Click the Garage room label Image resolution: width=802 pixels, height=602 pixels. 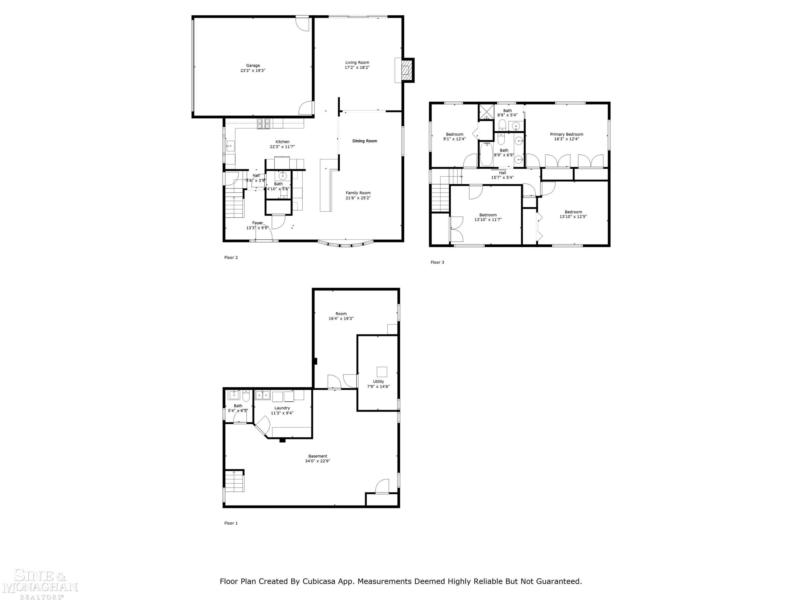253,66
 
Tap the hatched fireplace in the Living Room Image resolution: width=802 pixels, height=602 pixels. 407,70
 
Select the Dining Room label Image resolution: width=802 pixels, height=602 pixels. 364,141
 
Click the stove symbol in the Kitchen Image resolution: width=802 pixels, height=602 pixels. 264,124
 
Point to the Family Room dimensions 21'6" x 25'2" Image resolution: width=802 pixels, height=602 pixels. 358,198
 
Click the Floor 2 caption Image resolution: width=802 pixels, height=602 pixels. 231,258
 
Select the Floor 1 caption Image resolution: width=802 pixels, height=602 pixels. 231,523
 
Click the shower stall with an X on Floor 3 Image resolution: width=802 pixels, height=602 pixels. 486,112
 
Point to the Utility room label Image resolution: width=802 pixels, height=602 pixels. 378,381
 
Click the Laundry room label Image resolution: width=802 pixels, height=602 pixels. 282,408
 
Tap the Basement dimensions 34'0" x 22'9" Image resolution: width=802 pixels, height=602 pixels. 318,461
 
